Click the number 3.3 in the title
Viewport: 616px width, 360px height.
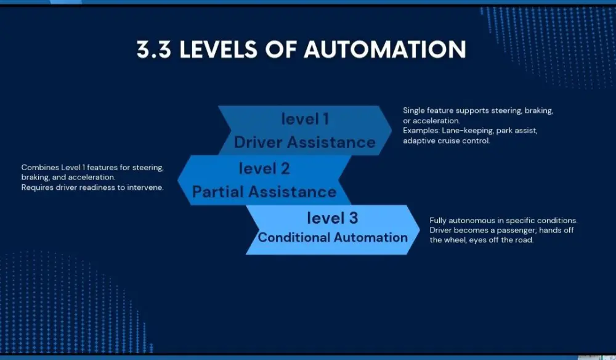154,50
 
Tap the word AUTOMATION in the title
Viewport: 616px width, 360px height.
385,50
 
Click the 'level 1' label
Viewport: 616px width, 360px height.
304,118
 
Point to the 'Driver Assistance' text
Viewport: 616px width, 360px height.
304,142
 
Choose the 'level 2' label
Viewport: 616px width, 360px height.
264,168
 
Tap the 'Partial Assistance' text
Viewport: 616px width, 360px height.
264,192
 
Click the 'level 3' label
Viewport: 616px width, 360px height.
333,218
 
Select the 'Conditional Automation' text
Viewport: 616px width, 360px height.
333,237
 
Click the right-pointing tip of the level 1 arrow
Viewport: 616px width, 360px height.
391,130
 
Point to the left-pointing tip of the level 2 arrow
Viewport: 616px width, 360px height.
179,180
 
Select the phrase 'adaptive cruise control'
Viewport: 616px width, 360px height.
446,141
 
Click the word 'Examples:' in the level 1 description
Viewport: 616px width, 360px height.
421,131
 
